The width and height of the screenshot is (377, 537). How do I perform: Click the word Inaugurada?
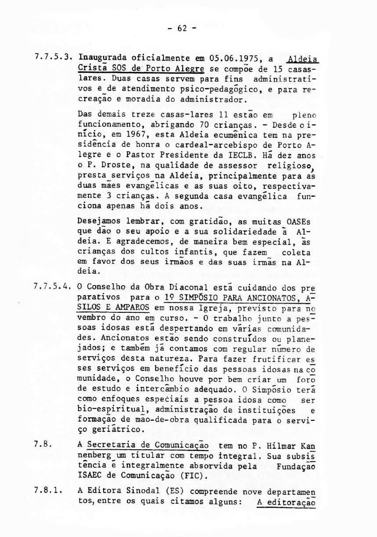(x=98, y=58)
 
